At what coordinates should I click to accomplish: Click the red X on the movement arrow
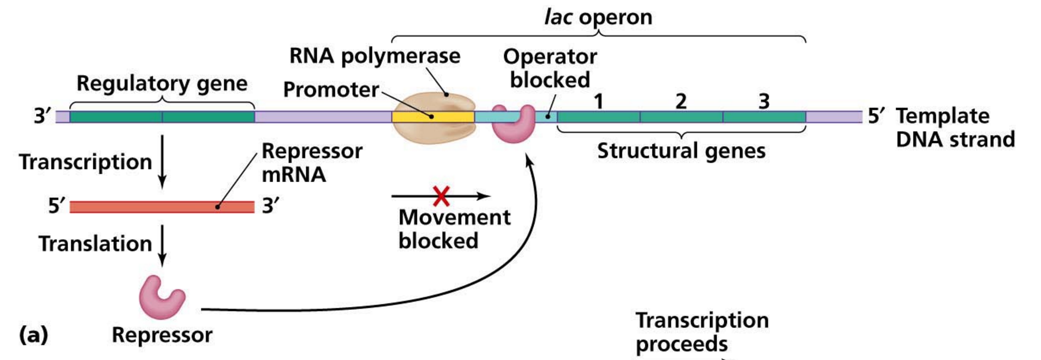pos(441,196)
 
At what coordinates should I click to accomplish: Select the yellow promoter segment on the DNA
pos(412,117)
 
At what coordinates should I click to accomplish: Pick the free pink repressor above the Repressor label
pos(161,299)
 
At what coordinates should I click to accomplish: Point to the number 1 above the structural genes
pos(598,101)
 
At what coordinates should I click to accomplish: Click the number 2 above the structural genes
pos(681,101)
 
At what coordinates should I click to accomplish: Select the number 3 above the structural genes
pos(764,101)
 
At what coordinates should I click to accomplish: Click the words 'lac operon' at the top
pos(598,17)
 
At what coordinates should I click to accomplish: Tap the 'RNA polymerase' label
pos(375,56)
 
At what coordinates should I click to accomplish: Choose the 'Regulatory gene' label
pos(162,83)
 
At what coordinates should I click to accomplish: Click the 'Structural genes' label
pos(681,151)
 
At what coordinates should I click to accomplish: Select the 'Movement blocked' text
pos(454,229)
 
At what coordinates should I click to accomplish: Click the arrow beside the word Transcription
pos(162,161)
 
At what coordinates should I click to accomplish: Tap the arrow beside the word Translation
pos(162,245)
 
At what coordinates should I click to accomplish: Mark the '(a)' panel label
pos(33,335)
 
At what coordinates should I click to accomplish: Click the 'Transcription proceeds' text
pos(702,332)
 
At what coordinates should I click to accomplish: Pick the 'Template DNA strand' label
pos(954,128)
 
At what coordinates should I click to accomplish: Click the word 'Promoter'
pos(331,90)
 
